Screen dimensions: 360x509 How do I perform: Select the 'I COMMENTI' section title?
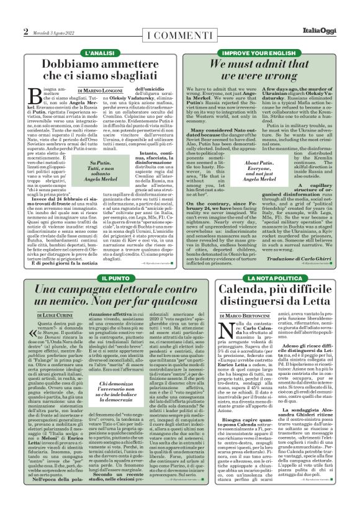[179, 32]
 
